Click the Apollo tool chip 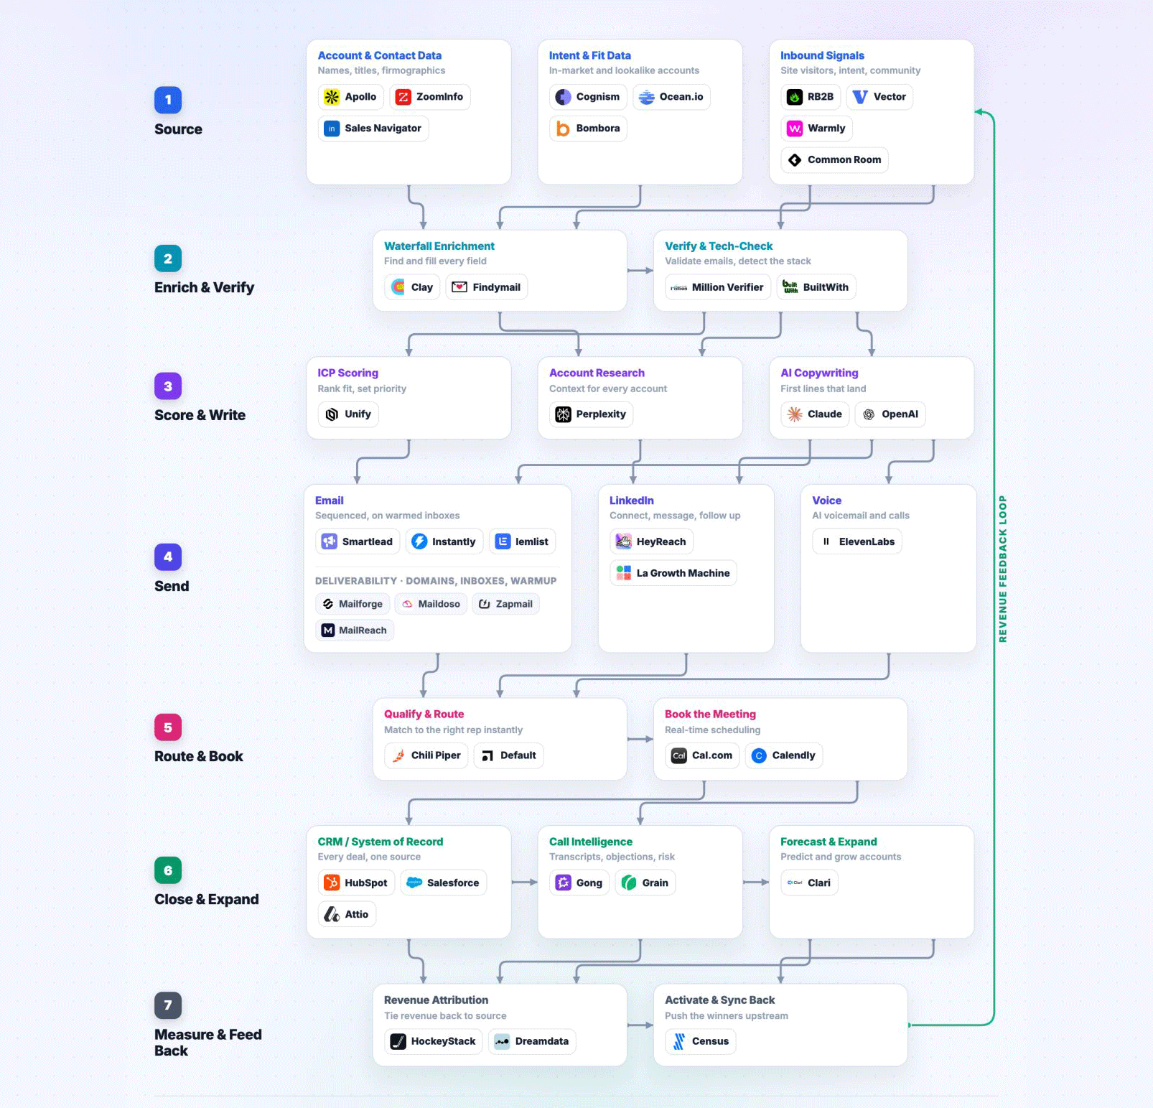[x=351, y=97]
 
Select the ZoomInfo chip [x=430, y=97]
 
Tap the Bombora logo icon [x=564, y=129]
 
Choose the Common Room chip [x=835, y=160]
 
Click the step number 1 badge [x=168, y=100]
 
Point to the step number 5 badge [x=168, y=727]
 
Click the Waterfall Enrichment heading [x=439, y=246]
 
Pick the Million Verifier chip [x=718, y=287]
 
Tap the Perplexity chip [x=591, y=414]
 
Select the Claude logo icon [x=795, y=414]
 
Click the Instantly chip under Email [x=444, y=541]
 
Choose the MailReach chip [x=355, y=630]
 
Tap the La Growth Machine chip [x=673, y=573]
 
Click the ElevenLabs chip [x=857, y=541]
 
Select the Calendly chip [x=784, y=755]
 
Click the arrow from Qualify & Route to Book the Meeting [x=640, y=739]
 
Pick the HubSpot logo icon [x=332, y=883]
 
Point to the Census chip [x=701, y=1041]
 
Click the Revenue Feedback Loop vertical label [x=1003, y=569]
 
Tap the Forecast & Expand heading [x=828, y=842]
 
